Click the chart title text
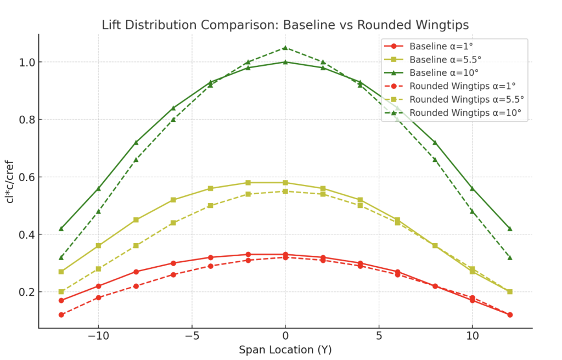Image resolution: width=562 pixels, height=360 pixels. point(285,25)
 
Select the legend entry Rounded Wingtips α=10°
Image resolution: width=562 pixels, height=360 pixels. point(465,113)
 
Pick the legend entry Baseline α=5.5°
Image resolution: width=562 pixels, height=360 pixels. point(441,60)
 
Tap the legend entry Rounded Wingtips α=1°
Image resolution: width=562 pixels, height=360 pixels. point(463,86)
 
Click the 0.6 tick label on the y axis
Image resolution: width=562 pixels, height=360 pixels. point(21,177)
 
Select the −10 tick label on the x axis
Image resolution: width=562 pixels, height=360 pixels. point(98,336)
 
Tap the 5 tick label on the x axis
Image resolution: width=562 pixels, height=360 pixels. point(378,336)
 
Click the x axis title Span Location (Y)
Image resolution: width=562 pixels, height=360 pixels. point(285,350)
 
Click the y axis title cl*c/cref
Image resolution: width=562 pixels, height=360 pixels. point(10,181)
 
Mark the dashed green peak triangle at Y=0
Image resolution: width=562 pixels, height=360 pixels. point(285,48)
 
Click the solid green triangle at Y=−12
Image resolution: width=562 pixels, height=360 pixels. point(61,229)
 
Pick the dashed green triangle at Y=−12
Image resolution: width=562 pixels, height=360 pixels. point(61,257)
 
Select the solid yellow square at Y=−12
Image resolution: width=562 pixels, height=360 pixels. point(61,272)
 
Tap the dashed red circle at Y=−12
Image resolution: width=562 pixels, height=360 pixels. point(61,315)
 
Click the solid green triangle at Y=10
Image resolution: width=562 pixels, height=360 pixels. point(472,188)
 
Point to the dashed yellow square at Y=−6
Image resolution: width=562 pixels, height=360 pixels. point(173,223)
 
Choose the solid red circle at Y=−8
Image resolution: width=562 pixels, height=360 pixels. point(136,272)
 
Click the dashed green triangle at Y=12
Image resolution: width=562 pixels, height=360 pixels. point(509,257)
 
